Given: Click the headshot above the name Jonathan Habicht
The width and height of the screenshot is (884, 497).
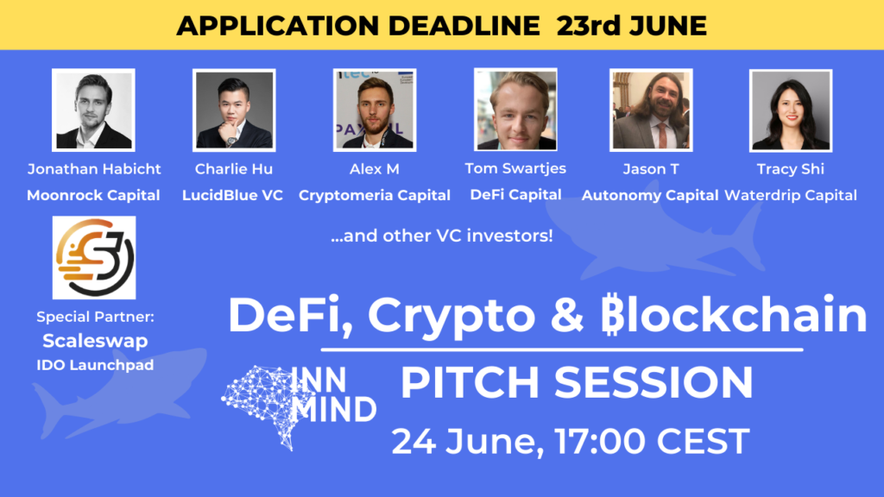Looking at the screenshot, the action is tap(93, 110).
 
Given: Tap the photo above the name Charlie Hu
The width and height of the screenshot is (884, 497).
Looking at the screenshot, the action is tap(234, 110).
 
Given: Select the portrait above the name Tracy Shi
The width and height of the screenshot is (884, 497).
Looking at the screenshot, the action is tap(791, 110).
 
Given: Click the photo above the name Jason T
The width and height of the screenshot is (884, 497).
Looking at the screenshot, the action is tap(651, 110).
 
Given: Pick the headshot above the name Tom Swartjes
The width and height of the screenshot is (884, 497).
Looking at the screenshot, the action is tap(515, 110).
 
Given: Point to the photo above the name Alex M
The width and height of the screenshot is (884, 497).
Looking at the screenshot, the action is tap(375, 110).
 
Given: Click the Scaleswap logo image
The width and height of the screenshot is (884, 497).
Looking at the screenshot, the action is tap(94, 257).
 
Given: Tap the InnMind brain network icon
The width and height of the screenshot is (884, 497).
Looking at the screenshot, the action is tap(261, 407).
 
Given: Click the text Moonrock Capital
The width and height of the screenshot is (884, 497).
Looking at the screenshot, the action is tap(93, 196).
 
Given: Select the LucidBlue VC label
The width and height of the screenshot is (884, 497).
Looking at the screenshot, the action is tap(232, 196).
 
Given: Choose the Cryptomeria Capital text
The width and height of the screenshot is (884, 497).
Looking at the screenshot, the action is tap(375, 196).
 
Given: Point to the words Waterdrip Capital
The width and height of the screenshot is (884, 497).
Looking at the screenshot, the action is tap(791, 196).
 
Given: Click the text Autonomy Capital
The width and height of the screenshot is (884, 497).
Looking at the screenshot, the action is tap(650, 196).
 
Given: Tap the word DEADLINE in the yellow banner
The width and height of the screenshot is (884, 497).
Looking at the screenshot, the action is tap(464, 26).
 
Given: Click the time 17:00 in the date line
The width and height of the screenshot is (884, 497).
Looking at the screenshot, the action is tap(600, 441).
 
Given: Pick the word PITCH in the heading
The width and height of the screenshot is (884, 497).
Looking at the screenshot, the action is tap(470, 382).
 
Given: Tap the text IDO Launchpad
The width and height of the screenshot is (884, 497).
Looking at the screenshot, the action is tap(95, 365).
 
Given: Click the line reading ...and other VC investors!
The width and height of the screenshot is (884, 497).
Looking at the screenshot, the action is tap(442, 236).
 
